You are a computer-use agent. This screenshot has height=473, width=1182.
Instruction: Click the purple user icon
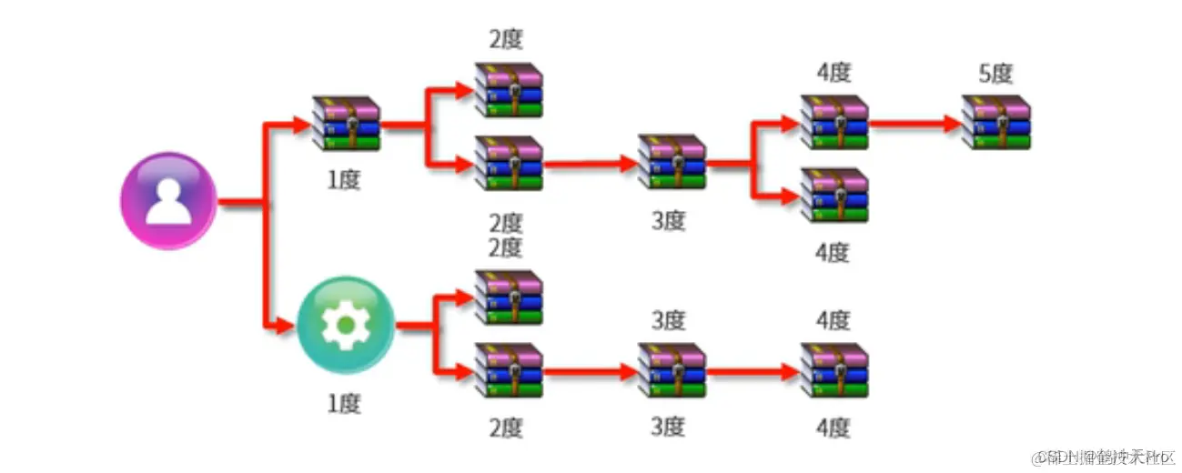(x=169, y=200)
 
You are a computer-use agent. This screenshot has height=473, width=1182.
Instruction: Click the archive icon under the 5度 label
(x=997, y=122)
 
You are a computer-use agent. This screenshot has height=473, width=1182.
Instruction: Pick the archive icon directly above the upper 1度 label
(x=346, y=122)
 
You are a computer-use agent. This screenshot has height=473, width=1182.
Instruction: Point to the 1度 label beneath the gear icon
(x=345, y=403)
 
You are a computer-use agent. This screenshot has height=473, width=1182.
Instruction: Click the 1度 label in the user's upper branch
(x=345, y=179)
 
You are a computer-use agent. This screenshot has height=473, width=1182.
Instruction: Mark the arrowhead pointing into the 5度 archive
(x=954, y=123)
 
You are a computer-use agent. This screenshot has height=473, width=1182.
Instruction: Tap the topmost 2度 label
(x=507, y=40)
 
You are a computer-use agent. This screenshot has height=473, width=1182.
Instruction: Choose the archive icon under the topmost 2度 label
(x=508, y=90)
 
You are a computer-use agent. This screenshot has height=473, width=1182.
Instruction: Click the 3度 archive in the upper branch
(x=672, y=162)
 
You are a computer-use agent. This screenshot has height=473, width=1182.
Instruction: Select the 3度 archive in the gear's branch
(x=672, y=370)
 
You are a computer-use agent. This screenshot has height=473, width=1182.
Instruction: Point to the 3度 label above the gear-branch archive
(x=670, y=320)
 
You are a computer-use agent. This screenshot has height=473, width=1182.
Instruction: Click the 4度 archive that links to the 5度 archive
(x=834, y=122)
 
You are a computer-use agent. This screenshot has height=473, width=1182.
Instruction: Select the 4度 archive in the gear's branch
(x=834, y=370)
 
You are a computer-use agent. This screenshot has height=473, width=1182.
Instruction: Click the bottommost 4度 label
(x=833, y=427)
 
